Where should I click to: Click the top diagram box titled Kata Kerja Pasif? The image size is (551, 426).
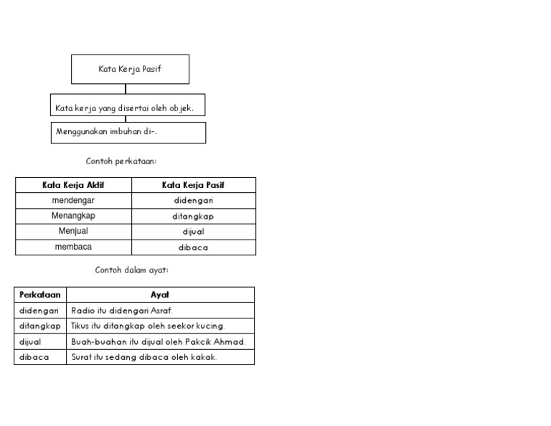pos(130,69)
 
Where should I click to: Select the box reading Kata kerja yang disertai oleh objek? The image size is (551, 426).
pos(127,108)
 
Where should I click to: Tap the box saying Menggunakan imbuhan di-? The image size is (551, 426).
pos(128,132)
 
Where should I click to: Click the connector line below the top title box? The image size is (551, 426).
pos(126,89)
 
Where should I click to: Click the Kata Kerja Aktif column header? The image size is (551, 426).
pos(73,185)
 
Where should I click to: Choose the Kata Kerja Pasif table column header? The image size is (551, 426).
pos(193,185)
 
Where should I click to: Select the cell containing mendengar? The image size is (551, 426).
pos(73,201)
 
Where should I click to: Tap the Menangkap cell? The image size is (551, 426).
pos(73,216)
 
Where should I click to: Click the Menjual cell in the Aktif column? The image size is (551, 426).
pos(73,232)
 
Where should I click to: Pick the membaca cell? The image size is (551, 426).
pos(73,247)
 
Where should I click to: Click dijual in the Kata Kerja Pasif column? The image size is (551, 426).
pos(193,232)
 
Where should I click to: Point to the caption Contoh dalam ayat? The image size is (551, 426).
pos(132,270)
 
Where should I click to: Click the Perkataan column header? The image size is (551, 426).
pos(40,295)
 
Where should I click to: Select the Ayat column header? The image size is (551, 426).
pos(160,295)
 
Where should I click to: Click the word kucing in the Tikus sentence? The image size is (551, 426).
pos(209,326)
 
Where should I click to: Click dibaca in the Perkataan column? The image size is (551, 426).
pos(34,356)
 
